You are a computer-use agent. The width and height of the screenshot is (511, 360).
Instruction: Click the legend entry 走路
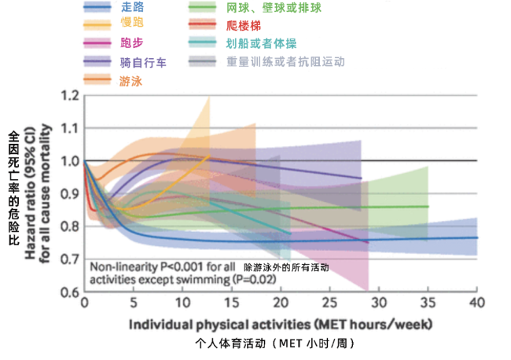135,7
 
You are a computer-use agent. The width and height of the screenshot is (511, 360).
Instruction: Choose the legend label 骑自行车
143,61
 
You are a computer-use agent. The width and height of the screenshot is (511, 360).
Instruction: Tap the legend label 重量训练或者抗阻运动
285,61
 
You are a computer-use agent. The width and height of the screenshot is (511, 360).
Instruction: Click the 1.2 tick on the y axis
71,96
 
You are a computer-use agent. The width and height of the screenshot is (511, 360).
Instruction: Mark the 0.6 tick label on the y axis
71,292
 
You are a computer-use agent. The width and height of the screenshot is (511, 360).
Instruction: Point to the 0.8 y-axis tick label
71,226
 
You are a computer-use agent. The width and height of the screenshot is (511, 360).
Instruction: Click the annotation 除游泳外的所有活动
286,267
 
